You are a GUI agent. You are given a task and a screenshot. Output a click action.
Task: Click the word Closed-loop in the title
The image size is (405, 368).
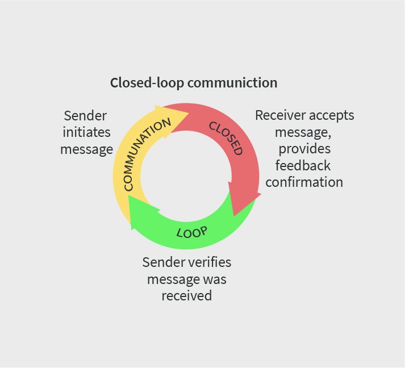(147, 83)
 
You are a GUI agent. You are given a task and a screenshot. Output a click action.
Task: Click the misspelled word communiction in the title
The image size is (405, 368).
(232, 83)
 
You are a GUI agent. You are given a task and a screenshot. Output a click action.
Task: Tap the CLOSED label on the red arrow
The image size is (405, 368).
(226, 137)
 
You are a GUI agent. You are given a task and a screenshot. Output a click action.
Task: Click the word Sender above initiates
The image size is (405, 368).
(85, 116)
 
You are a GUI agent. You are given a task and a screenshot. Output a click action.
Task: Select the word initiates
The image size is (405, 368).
(86, 133)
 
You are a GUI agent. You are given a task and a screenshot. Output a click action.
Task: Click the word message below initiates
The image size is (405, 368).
(86, 150)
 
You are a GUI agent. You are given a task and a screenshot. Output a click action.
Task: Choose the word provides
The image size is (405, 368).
(305, 149)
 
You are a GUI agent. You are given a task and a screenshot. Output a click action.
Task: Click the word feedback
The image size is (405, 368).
(303, 166)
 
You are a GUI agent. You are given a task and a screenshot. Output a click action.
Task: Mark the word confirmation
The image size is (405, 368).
(304, 182)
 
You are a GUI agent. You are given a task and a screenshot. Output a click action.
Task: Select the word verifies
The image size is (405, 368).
(208, 262)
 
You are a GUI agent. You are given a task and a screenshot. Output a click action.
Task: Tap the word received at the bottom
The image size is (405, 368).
(186, 296)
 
